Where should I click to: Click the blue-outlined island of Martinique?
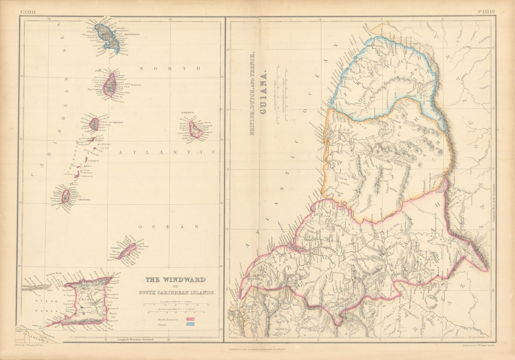click(x=108, y=37)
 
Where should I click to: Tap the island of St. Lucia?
click(x=110, y=85)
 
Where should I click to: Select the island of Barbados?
click(x=195, y=130)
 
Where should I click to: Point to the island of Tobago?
click(x=126, y=251)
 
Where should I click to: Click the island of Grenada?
click(x=66, y=196)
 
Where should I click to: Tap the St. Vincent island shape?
click(x=94, y=124)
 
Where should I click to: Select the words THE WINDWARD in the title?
click(x=175, y=280)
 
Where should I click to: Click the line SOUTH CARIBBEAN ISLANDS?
click(x=177, y=293)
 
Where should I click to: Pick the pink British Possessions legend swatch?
click(x=191, y=318)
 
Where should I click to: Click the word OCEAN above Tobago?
click(x=168, y=226)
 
